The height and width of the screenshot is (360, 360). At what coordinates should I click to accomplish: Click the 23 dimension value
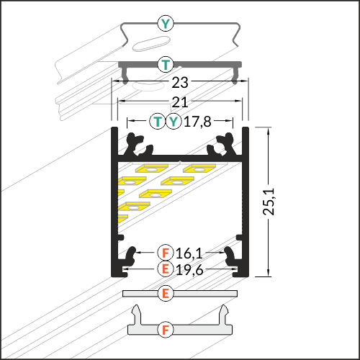pyautogui.click(x=180, y=83)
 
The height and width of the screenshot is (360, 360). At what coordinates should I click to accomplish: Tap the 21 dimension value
pyautogui.click(x=180, y=102)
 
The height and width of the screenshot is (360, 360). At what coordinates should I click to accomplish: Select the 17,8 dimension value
pyautogui.click(x=197, y=122)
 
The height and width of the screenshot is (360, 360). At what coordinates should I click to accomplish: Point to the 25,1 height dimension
pyautogui.click(x=269, y=202)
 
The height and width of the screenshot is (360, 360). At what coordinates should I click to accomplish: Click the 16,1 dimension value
pyautogui.click(x=189, y=253)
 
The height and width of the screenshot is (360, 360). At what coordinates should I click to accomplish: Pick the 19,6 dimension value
pyautogui.click(x=189, y=270)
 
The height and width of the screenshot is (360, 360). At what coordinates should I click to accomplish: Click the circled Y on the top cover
pyautogui.click(x=166, y=23)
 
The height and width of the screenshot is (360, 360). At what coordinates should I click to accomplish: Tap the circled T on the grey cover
pyautogui.click(x=166, y=64)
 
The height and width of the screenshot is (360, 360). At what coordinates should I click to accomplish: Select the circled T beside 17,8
pyautogui.click(x=158, y=121)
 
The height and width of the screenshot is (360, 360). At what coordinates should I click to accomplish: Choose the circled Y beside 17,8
pyautogui.click(x=174, y=121)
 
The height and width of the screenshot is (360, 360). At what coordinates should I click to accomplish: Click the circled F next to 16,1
pyautogui.click(x=166, y=253)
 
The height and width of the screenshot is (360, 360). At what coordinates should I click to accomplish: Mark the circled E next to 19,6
pyautogui.click(x=166, y=269)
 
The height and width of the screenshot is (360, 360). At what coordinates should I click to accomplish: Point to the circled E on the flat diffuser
pyautogui.click(x=166, y=294)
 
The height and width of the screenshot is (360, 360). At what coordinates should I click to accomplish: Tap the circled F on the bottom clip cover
pyautogui.click(x=166, y=330)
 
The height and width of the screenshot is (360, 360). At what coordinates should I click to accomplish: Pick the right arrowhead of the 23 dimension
pyautogui.click(x=244, y=81)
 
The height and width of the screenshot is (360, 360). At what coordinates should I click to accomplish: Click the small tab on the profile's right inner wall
pyautogui.click(x=239, y=238)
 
